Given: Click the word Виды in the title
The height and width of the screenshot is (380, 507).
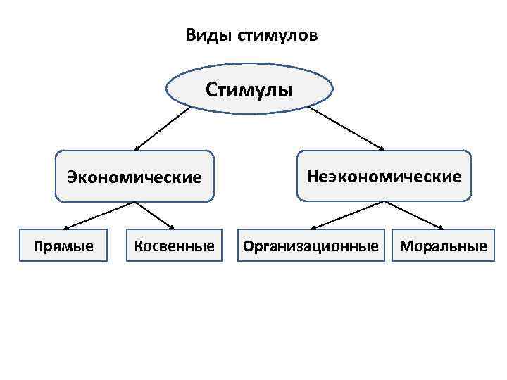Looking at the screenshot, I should pos(203,35).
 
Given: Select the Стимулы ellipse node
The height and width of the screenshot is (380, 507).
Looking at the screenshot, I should pos(250,90).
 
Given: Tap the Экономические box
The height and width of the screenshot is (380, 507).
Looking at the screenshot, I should pos(134,176).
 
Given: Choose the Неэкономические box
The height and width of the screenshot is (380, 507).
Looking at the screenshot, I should pos(384,175).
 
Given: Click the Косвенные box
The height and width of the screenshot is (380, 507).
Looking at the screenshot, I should pos(174,246).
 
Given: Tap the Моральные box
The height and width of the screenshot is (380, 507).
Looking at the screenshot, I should pos(443,246).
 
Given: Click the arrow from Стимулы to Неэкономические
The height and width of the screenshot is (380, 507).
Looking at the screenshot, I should pos(345,127).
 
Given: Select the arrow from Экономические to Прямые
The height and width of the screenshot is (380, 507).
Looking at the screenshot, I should pos(99,215).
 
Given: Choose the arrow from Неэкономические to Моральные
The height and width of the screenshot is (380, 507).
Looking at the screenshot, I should pos(414,215).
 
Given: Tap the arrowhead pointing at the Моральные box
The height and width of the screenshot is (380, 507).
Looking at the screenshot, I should pos(440,227).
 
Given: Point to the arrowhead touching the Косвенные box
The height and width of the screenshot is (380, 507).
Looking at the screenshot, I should pos(171,227).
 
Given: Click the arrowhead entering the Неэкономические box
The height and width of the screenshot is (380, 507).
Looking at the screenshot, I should pos(381,148).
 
